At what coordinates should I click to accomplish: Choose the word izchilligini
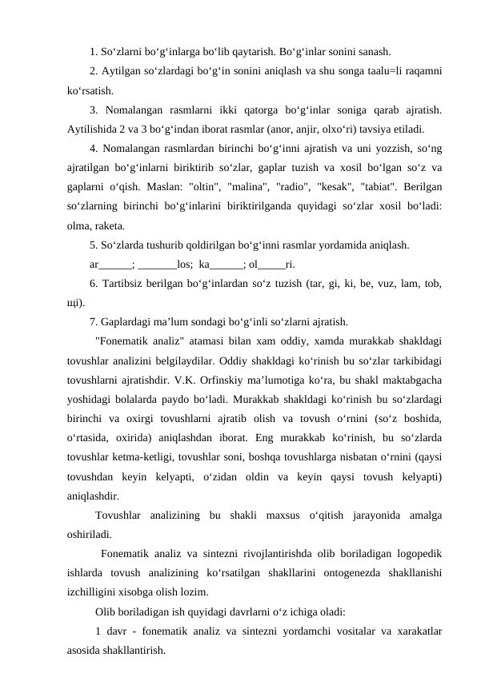coord(94,591)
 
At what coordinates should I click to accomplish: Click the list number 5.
coord(94,246)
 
